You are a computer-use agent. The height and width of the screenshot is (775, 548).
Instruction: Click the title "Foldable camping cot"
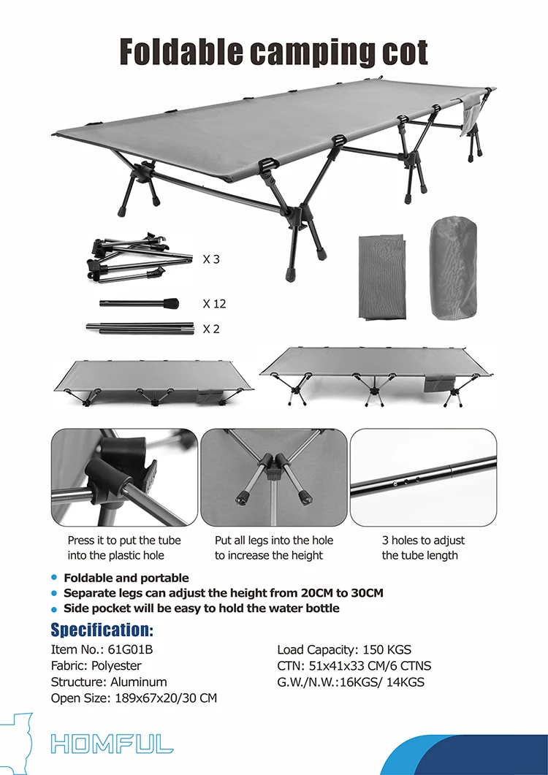click(x=273, y=52)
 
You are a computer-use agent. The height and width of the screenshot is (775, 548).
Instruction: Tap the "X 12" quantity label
click(x=213, y=303)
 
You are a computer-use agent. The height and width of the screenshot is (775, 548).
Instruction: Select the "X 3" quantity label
click(x=211, y=259)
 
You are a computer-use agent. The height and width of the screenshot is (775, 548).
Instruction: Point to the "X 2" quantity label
click(x=211, y=329)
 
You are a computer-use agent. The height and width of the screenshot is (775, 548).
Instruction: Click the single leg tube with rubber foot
click(x=140, y=303)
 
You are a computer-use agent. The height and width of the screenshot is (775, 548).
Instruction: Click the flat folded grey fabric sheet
click(x=381, y=276)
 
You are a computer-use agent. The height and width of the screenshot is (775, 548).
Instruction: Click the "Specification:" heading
click(x=102, y=630)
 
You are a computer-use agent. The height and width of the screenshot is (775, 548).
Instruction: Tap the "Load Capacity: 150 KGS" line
click(x=344, y=649)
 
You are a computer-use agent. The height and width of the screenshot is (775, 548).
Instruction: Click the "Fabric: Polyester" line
click(x=96, y=665)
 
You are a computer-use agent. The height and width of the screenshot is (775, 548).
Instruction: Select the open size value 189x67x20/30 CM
click(x=166, y=698)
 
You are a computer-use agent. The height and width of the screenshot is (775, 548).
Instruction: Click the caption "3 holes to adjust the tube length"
click(x=423, y=548)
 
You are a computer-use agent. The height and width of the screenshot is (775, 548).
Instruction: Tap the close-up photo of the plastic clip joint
click(x=124, y=477)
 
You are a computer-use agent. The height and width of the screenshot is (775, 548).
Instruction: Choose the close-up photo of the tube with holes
click(x=423, y=477)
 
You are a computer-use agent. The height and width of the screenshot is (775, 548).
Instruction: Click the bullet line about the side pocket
click(x=201, y=608)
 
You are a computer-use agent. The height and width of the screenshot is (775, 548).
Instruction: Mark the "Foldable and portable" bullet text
click(x=126, y=578)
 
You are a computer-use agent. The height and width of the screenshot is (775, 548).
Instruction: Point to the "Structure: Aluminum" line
click(x=109, y=682)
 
